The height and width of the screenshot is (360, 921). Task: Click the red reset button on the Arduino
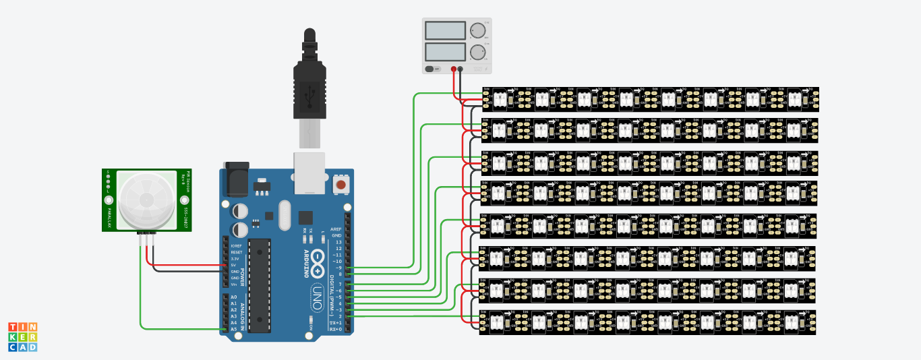click(x=341, y=184)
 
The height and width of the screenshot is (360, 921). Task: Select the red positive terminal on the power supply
click(x=454, y=69)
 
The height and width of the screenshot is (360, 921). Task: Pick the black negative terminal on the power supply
click(x=460, y=69)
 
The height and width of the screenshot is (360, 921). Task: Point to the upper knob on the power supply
click(x=479, y=30)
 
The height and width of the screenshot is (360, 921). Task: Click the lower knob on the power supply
click(x=479, y=53)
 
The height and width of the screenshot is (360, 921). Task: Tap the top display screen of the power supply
click(x=445, y=30)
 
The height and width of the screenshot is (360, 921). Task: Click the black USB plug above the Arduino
click(x=309, y=88)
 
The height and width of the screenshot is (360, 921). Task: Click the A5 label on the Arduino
click(x=234, y=329)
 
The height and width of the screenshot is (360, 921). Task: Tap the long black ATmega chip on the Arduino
click(x=260, y=285)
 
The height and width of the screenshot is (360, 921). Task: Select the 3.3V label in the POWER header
click(x=235, y=259)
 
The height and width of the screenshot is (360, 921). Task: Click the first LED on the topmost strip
click(x=500, y=99)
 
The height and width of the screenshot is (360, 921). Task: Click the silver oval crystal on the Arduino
click(x=283, y=216)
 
